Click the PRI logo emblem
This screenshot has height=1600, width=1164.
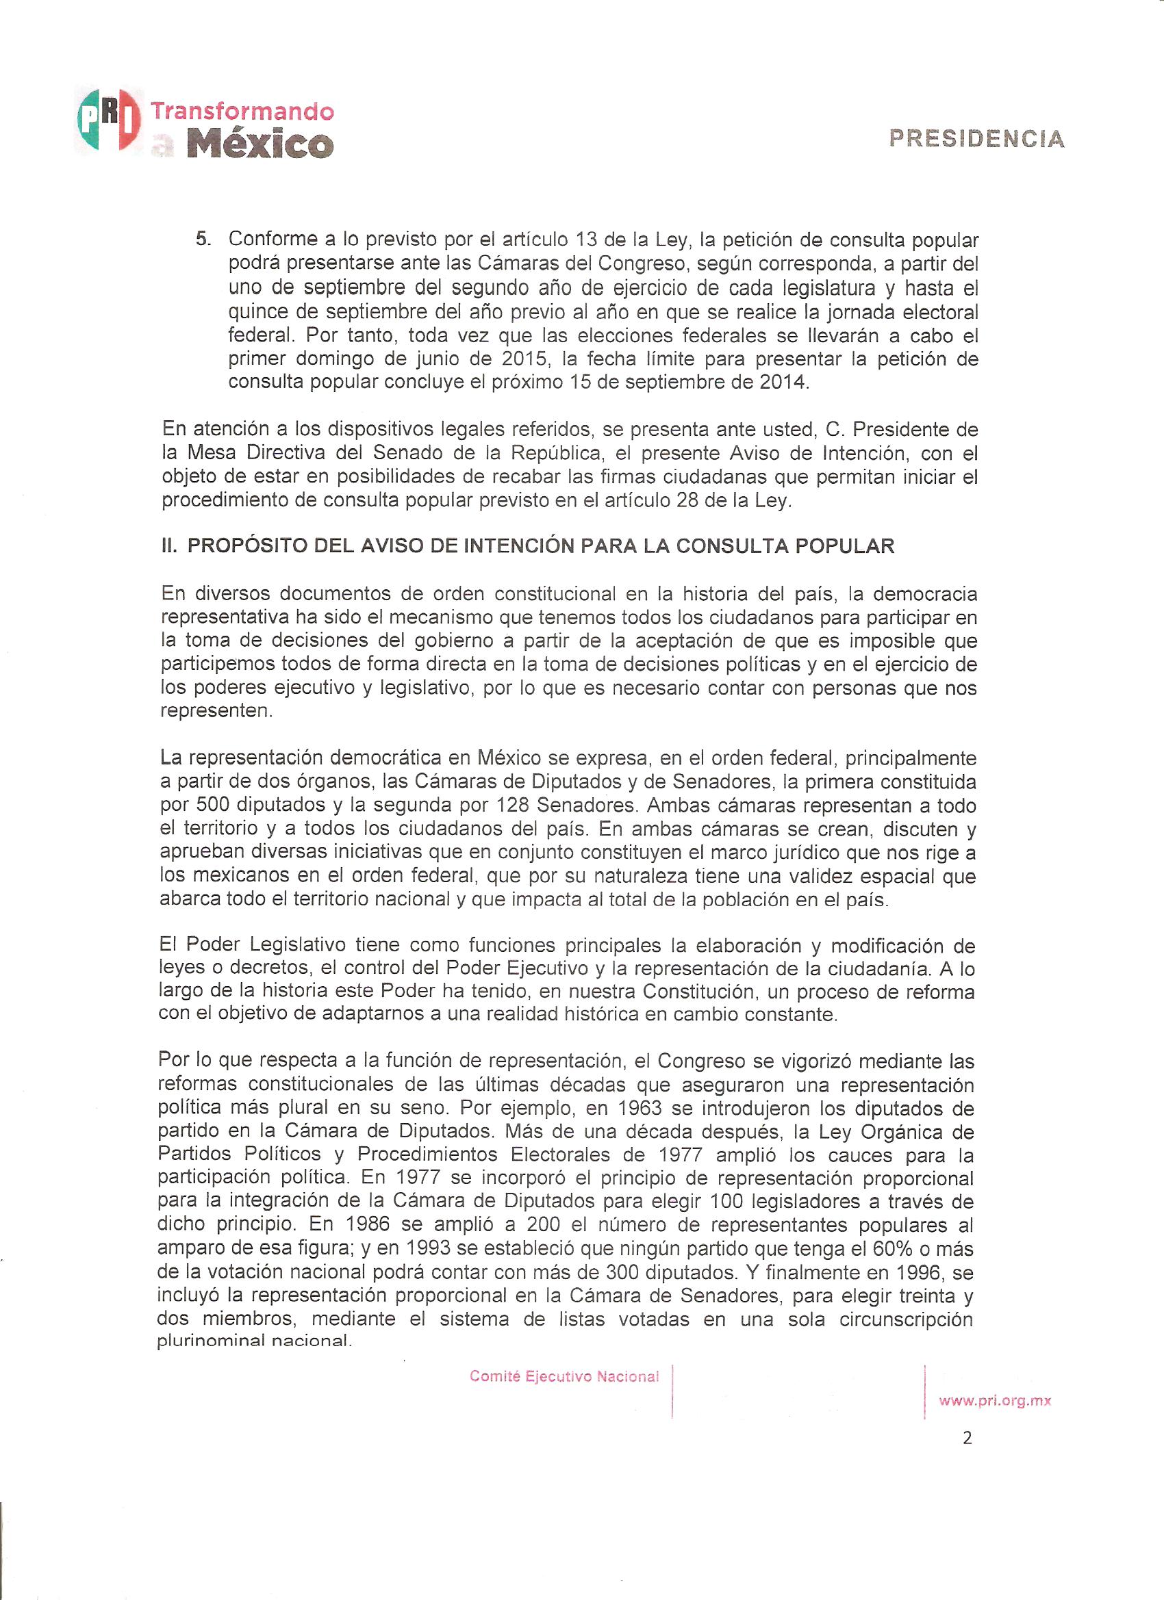(108, 120)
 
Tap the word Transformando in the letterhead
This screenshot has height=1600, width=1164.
(242, 112)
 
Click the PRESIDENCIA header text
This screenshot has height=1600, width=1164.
(977, 138)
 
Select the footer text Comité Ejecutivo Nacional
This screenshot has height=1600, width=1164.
(564, 1376)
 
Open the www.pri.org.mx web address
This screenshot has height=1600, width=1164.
(995, 1402)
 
